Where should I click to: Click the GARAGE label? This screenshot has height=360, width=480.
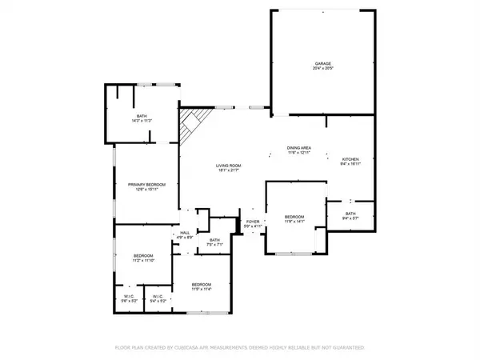(x=322, y=63)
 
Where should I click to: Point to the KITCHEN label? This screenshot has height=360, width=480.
(x=350, y=159)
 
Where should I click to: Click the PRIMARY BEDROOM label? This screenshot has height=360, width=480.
(x=146, y=185)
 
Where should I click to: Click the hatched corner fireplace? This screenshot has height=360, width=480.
(x=190, y=124)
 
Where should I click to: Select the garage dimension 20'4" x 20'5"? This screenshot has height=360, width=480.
(x=322, y=69)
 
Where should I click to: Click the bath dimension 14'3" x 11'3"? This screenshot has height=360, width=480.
(x=142, y=120)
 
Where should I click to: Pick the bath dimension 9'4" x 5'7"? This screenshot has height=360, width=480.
(x=350, y=218)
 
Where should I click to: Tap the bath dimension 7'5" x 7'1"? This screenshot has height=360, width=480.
(x=214, y=245)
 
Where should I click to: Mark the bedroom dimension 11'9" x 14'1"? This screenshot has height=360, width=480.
(x=294, y=222)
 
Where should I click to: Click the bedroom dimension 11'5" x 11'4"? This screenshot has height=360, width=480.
(x=201, y=290)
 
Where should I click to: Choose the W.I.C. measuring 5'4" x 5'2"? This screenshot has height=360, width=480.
(x=159, y=300)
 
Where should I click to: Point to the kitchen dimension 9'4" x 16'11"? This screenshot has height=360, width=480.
(x=350, y=165)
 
